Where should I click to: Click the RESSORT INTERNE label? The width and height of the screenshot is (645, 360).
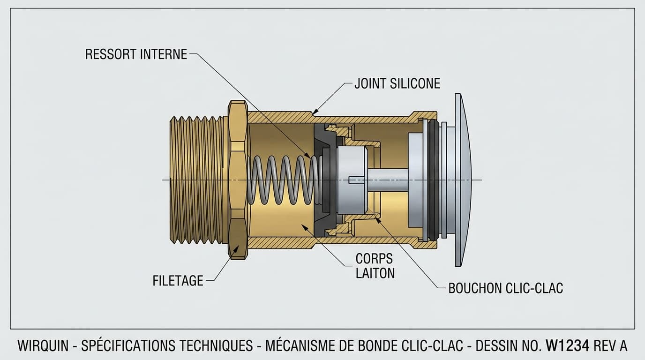click(136, 54)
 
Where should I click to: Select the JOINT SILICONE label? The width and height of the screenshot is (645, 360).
click(397, 83)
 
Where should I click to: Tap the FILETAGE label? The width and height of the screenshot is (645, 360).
click(178, 281)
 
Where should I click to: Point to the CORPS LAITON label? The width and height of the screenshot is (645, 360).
click(375, 266)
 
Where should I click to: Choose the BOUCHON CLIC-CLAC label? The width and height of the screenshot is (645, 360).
click(505, 288)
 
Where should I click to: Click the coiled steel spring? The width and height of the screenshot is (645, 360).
click(284, 180)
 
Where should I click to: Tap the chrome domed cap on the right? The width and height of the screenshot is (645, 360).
click(462, 180)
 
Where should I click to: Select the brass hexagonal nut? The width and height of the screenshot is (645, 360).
click(238, 180)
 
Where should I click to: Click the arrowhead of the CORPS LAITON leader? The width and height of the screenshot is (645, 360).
click(303, 226)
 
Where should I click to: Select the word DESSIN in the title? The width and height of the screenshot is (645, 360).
click(497, 346)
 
